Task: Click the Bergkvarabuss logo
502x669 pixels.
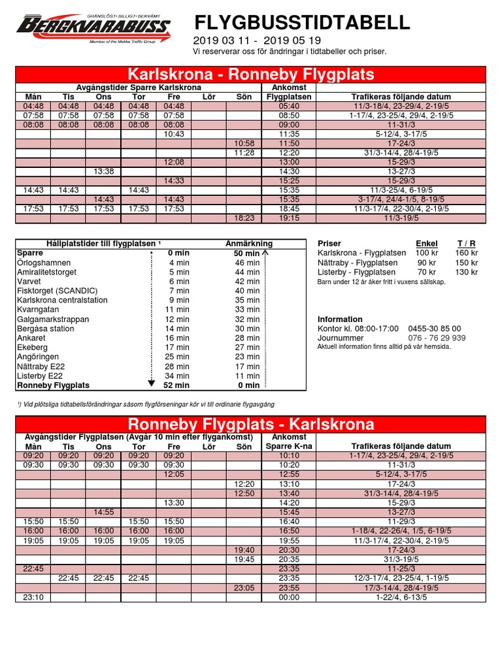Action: point(93,28)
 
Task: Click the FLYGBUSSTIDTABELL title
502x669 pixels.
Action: point(302,24)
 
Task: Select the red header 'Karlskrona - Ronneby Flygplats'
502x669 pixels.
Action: point(250,73)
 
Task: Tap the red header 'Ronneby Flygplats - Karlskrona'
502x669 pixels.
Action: point(250,425)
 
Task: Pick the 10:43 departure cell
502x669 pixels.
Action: point(173,134)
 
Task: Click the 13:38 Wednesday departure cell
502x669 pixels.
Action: point(103,171)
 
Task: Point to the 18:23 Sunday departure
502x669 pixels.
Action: point(244,218)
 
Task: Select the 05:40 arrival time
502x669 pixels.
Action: point(288,106)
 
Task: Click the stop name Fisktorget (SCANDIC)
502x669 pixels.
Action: point(58,291)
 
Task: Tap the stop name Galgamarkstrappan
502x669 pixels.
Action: point(53,319)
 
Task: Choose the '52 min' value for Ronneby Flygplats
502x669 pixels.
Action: point(177,386)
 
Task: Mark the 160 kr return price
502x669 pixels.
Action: point(466,253)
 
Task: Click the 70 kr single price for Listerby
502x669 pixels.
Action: point(427,272)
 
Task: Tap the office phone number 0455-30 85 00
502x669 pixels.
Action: point(435,329)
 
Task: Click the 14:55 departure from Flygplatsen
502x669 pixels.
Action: point(103,512)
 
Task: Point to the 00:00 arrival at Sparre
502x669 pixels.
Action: point(288,597)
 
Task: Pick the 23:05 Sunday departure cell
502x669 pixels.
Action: point(244,587)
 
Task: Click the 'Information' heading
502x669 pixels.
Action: point(340,319)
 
